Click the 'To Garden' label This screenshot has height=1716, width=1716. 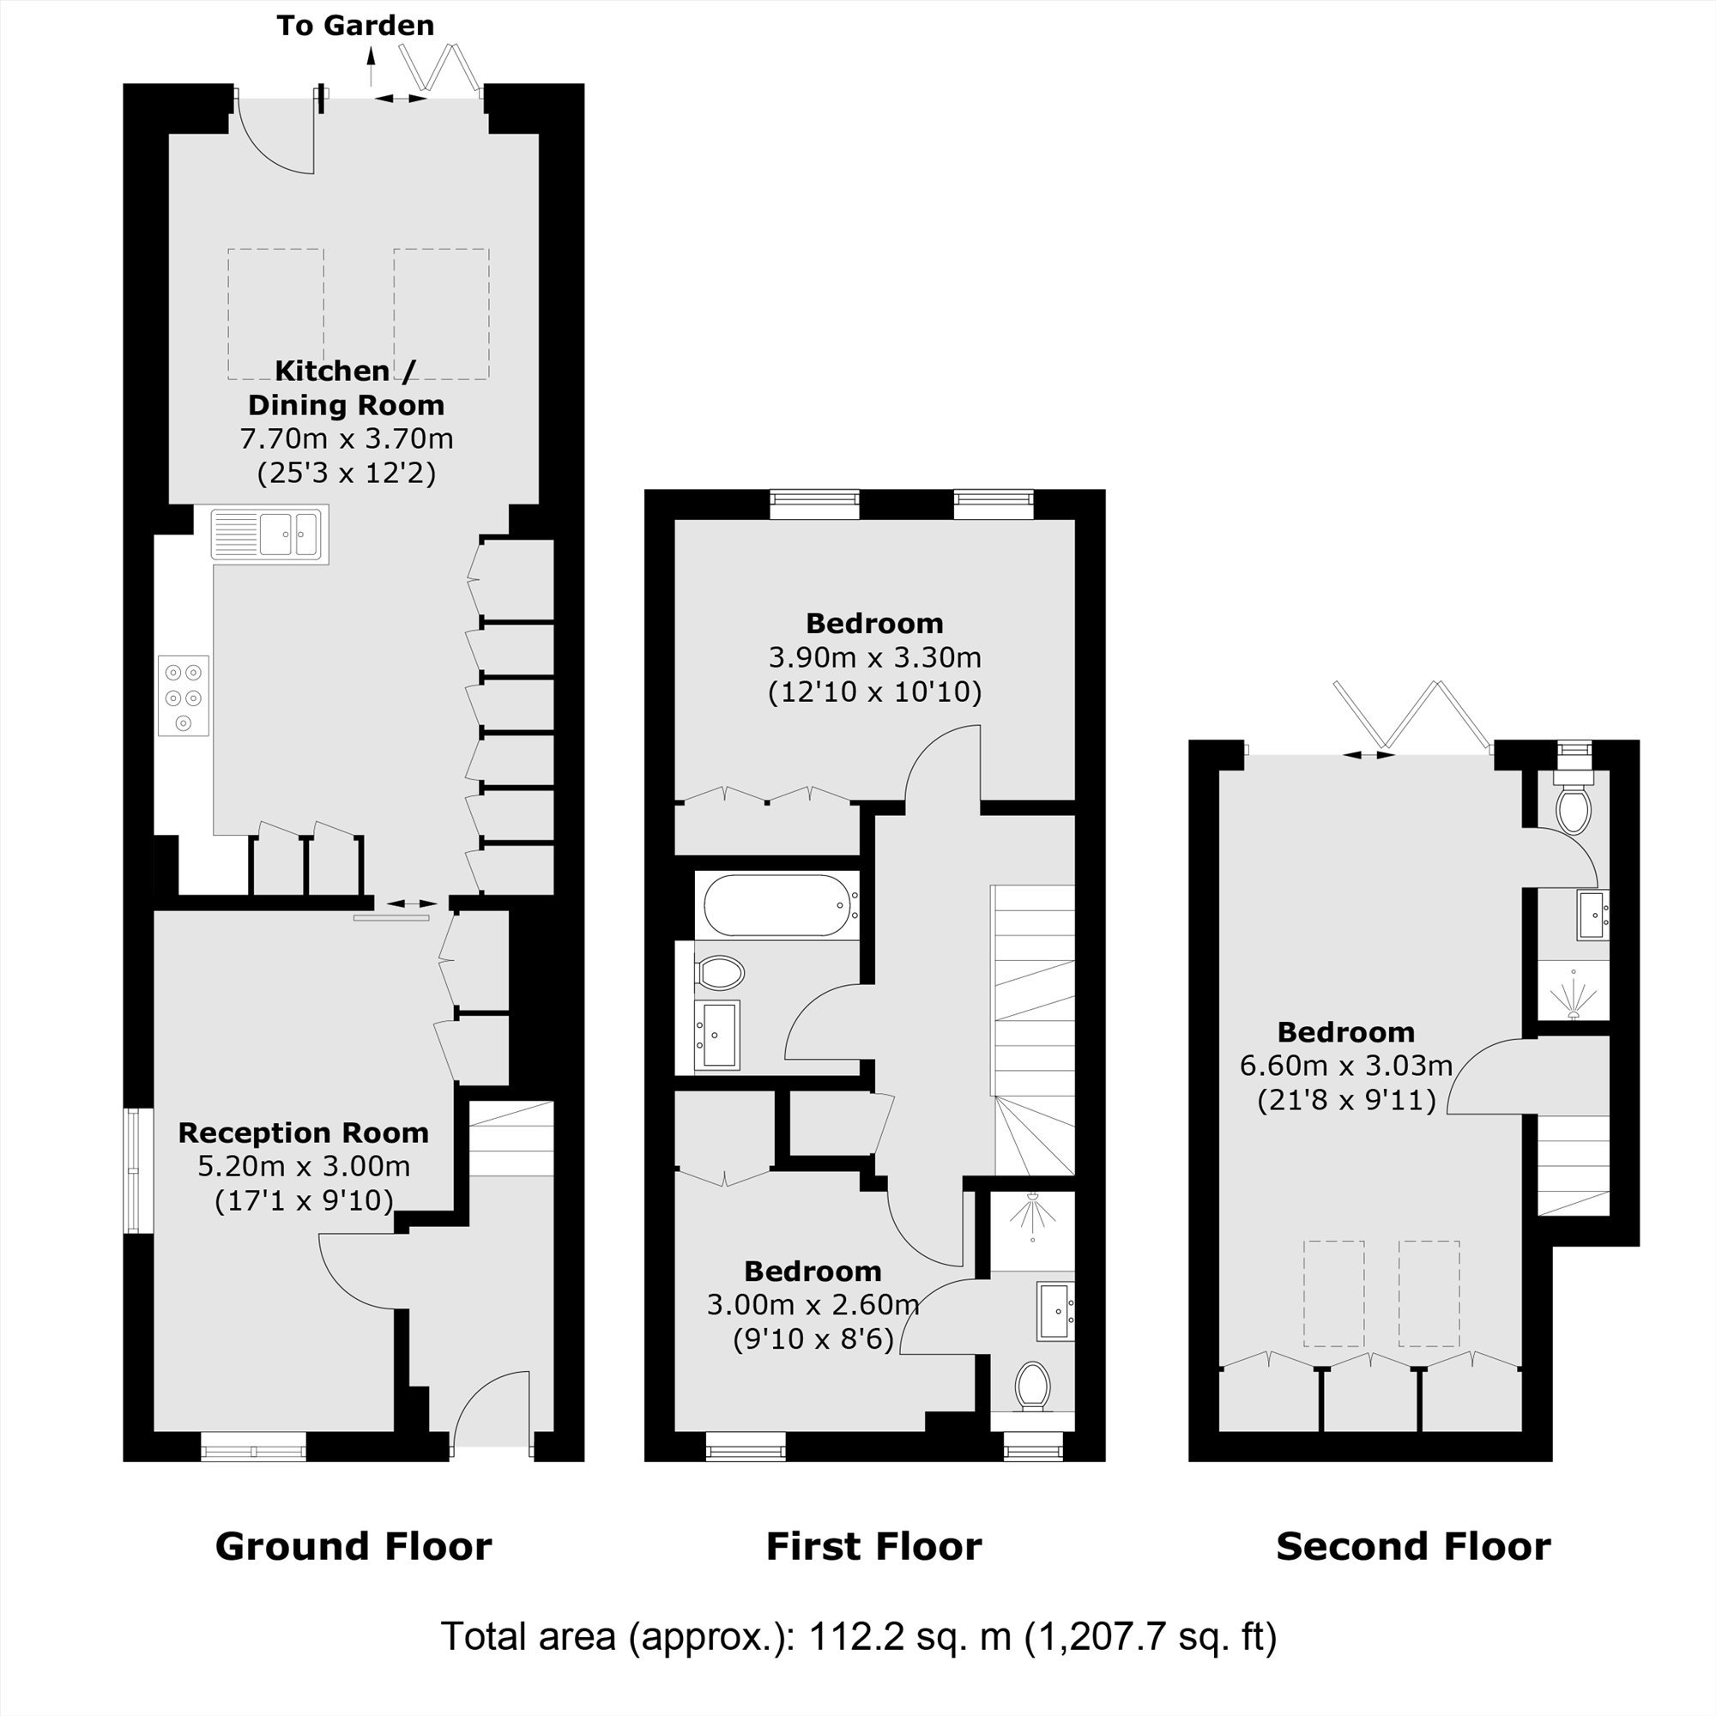(x=355, y=26)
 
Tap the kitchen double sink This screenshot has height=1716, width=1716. (x=270, y=534)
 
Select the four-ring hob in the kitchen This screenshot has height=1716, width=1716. (x=184, y=696)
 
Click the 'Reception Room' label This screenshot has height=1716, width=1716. (x=304, y=1133)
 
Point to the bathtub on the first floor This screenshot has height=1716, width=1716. (x=781, y=905)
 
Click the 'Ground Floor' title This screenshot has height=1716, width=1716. (x=353, y=1546)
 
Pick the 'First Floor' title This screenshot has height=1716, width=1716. (x=874, y=1546)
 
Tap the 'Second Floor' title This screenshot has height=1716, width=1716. (x=1413, y=1546)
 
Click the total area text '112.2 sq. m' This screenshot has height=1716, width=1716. (x=910, y=1636)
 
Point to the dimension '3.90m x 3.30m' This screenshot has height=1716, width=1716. (x=875, y=658)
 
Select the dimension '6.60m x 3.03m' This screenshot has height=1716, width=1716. (x=1346, y=1065)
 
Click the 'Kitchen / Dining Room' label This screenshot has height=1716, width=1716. (x=346, y=387)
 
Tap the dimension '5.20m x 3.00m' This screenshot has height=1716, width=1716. (x=304, y=1166)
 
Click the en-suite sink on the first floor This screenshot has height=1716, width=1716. (x=1054, y=1311)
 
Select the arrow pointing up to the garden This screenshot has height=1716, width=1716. (x=372, y=67)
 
